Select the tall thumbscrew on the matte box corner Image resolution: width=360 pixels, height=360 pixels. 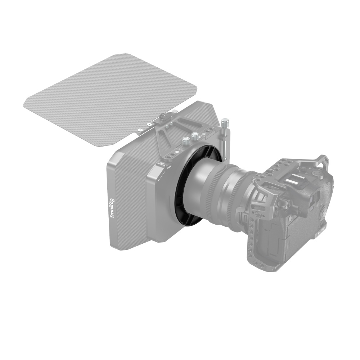[225, 124]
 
